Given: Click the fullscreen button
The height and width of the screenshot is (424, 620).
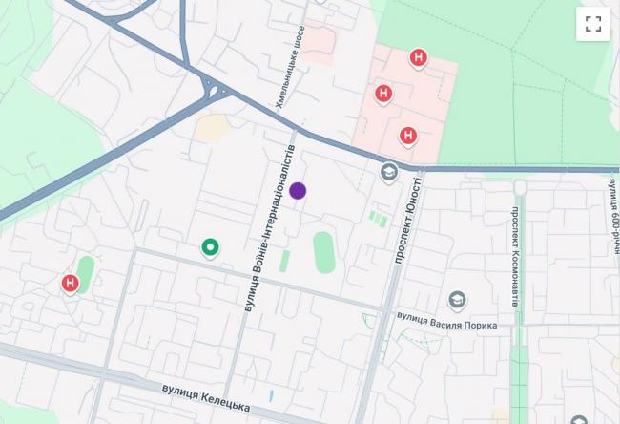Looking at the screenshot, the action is coord(592,25).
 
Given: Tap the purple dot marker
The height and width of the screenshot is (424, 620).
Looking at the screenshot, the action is coord(298,191).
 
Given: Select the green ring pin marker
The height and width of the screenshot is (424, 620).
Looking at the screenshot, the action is coord(211,248).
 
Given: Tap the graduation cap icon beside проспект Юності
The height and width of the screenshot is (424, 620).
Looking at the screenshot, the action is coord(388,173).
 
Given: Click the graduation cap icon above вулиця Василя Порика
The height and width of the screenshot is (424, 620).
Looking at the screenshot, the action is coord(457,300).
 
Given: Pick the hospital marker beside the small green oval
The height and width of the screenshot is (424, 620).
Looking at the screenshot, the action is coord(70,284).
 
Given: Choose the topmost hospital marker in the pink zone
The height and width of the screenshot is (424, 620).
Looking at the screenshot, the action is coord(417,59).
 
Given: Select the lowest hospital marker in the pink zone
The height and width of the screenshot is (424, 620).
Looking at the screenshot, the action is coord(408,136).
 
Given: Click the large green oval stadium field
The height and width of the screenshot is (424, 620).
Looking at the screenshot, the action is coord(324,251).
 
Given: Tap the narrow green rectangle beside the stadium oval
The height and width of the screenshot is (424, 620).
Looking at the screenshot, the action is coord(284,261).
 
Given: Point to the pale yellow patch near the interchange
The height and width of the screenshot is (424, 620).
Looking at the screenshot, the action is coord(212,127).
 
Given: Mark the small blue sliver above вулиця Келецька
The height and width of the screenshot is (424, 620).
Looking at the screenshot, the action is coord(271,394).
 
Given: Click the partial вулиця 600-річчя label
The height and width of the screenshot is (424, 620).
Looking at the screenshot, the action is coord(611,205).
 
